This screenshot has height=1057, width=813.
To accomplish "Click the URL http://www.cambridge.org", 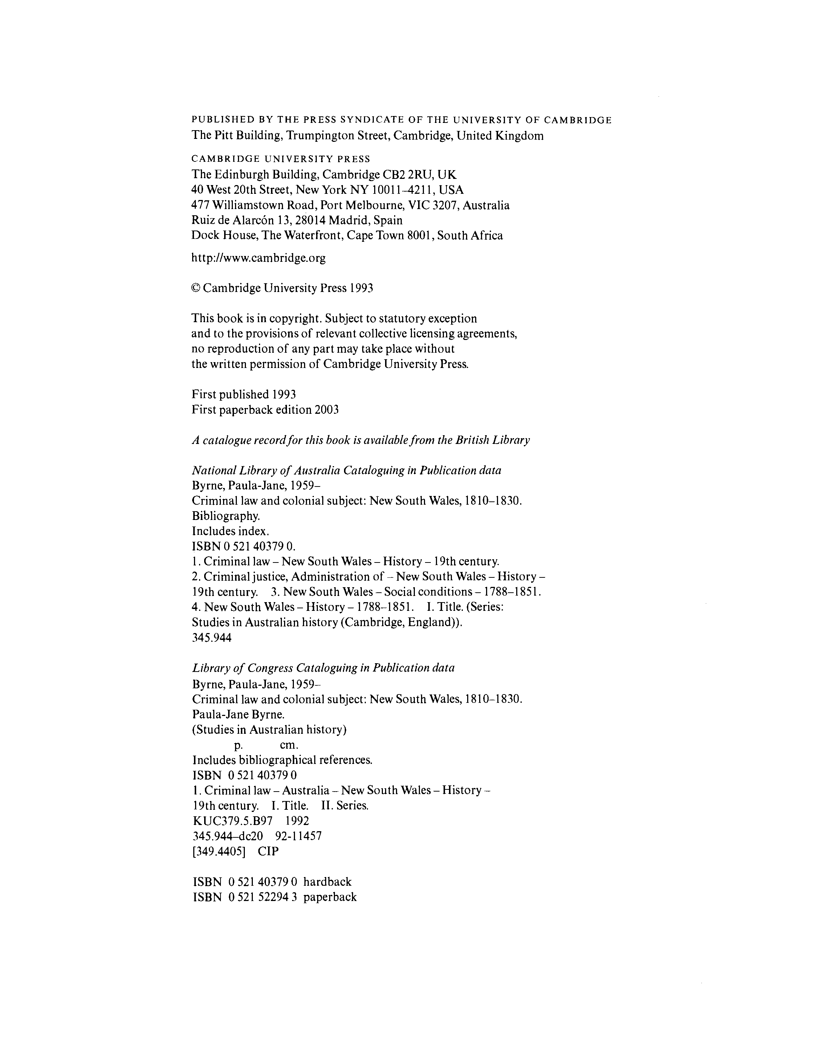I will (x=258, y=258).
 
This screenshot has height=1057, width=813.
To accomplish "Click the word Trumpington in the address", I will (x=320, y=136).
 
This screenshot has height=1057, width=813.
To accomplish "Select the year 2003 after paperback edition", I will (x=327, y=410).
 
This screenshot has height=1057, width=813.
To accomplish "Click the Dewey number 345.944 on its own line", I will (x=212, y=638).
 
